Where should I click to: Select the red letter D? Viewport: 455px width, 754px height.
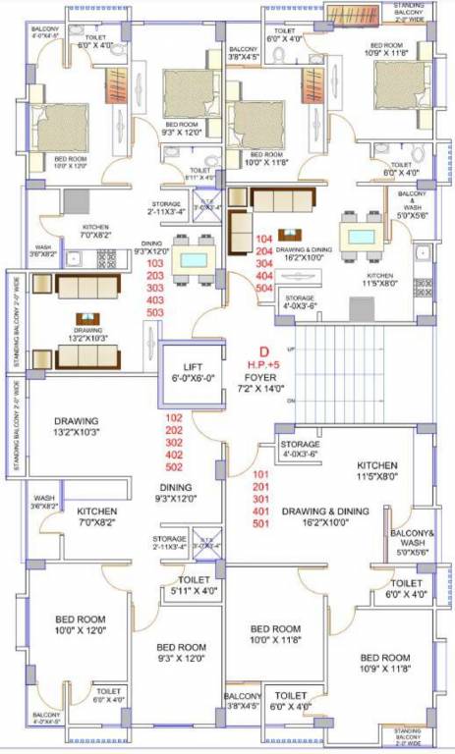(262, 350)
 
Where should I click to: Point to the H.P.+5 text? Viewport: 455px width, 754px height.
(263, 362)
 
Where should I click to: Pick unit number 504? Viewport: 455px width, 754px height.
(262, 289)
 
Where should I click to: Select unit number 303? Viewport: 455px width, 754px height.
(155, 288)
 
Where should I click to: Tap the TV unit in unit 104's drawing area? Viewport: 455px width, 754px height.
(289, 234)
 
